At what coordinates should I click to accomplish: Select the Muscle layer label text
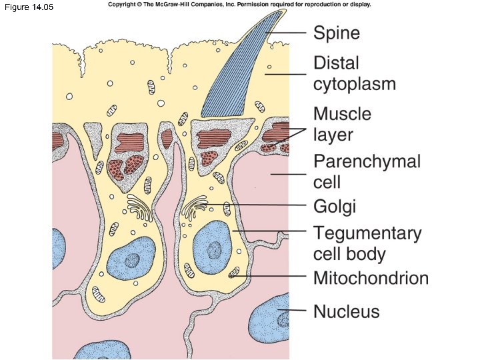coord(342,124)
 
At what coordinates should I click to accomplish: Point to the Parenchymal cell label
coord(367,171)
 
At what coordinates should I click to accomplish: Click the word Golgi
coord(335,207)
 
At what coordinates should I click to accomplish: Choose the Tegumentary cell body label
coord(367,243)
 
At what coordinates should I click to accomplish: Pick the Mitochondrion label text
coord(371,278)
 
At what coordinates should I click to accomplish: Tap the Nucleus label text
coord(347,311)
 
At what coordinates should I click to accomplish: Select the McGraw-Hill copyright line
coord(239,5)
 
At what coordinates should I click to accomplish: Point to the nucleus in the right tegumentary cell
coord(212,250)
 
